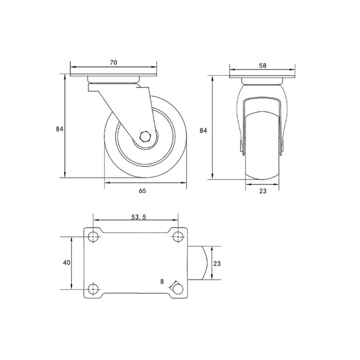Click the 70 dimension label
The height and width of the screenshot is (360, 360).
114,63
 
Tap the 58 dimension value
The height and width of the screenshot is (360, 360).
263,66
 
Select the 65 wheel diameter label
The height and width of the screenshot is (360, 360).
142,191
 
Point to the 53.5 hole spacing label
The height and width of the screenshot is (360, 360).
139,217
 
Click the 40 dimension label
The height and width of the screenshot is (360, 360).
66,262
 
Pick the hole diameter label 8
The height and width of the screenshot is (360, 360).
162,282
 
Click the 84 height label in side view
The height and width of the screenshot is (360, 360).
59,129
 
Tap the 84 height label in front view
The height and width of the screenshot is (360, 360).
203,131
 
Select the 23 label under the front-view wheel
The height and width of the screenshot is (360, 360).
263,191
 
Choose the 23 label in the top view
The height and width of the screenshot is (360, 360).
217,263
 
